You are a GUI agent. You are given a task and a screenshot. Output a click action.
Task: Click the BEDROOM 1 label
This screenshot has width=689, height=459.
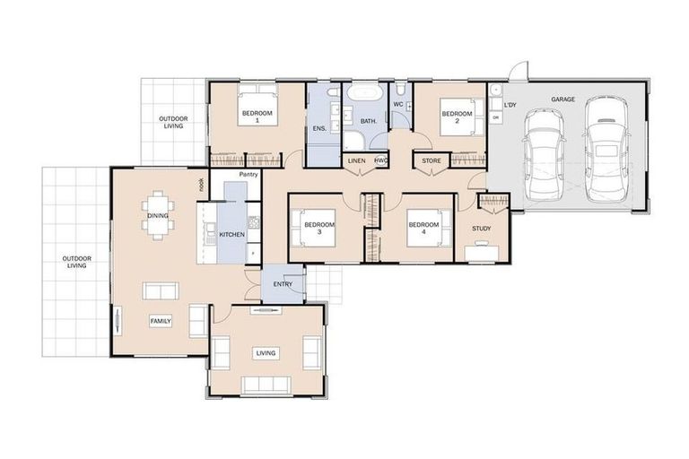(257, 116)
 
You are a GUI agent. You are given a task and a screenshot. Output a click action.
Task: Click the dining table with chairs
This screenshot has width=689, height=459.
(157, 214)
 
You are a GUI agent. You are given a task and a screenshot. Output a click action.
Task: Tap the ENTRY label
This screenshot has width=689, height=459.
(283, 284)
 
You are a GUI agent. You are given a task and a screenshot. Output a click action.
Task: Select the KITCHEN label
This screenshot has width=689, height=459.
(231, 235)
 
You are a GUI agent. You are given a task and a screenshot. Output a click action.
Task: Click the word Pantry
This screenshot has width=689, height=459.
(249, 174)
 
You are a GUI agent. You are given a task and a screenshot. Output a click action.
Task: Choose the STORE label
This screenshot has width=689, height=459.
(432, 161)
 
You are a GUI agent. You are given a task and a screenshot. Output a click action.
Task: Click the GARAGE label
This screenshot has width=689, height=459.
(563, 100)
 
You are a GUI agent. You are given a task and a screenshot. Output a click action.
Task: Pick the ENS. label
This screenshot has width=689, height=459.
(319, 129)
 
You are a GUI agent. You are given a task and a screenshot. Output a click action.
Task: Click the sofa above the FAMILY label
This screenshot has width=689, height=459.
(160, 290)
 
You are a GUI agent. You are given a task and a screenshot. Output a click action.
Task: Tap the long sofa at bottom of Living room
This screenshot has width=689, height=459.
(266, 385)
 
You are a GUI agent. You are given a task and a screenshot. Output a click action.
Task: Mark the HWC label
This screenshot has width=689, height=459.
(380, 160)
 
